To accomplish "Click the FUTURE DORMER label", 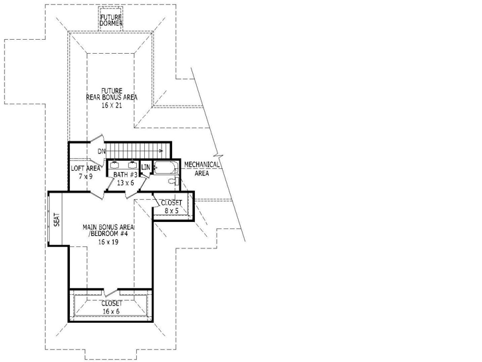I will pyautogui.click(x=111, y=19).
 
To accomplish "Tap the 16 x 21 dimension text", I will pyautogui.click(x=111, y=105).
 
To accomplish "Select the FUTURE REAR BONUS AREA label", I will pyautogui.click(x=111, y=94).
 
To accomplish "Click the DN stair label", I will pyautogui.click(x=102, y=152).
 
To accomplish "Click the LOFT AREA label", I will pyautogui.click(x=85, y=169).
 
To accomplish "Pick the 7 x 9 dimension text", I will pyautogui.click(x=85, y=176).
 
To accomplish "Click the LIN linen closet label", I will pyautogui.click(x=146, y=168).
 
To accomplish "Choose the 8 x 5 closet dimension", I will pyautogui.click(x=172, y=211).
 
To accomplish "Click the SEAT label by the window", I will pyautogui.click(x=56, y=219).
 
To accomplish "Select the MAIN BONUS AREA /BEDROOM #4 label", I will pyautogui.click(x=108, y=231).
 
